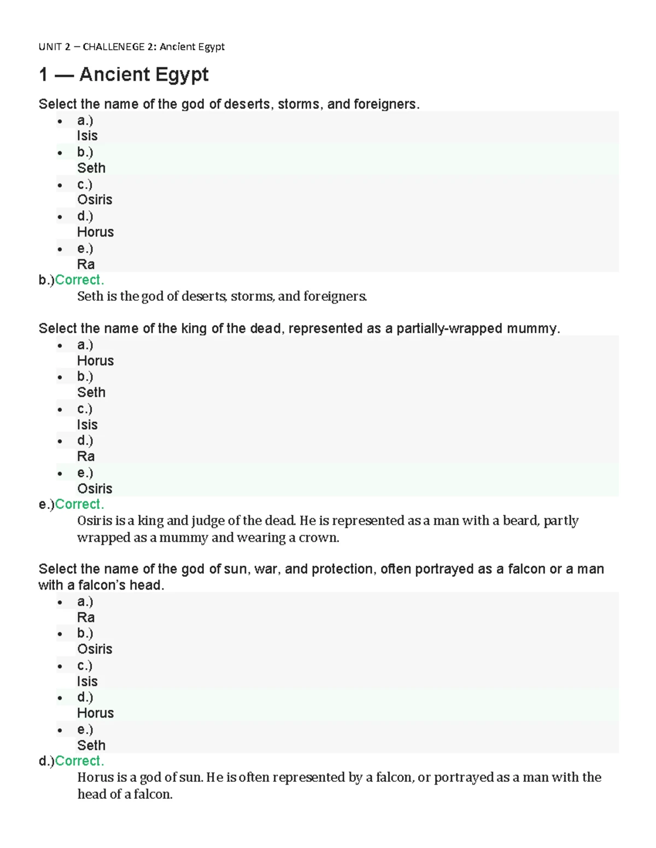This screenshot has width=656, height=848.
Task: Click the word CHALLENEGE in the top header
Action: pos(113,47)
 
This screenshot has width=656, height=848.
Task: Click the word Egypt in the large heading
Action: pos(181,74)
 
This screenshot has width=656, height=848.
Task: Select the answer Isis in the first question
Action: pos(87,136)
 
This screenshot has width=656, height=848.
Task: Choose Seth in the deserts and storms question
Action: pos(91,168)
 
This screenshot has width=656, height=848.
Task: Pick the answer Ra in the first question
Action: pos(85,264)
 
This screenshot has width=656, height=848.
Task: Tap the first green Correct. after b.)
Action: pos(79,280)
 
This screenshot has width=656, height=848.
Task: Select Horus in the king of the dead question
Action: pos(95,361)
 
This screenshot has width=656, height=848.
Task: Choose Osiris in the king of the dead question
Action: pos(95,489)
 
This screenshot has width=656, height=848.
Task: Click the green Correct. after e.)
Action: pos(79,504)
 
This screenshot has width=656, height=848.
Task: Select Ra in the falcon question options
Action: pos(85,618)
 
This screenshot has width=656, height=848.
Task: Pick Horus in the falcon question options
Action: pos(95,713)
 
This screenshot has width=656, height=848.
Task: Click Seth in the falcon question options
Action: pos(91,745)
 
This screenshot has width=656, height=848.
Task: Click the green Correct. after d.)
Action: pos(79,761)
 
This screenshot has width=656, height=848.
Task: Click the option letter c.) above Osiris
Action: pos(85,185)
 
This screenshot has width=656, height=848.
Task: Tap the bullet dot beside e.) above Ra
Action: pos(60,250)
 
